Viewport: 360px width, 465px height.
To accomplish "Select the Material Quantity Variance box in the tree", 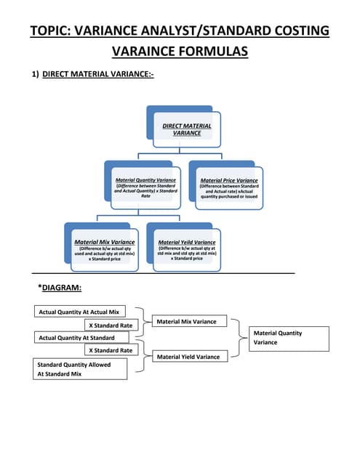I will (140, 187).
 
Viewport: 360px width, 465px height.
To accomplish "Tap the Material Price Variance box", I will (228, 187).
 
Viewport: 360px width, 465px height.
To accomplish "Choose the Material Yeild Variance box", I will (187, 249).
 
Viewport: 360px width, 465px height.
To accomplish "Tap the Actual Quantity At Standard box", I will (76, 338).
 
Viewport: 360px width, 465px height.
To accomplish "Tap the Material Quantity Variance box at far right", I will (289, 338).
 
